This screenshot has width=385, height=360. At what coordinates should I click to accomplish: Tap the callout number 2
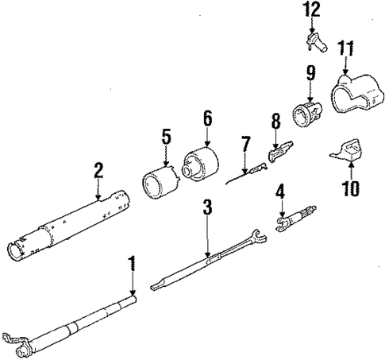(x=98, y=170)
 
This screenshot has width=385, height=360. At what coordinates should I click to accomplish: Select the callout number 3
(x=206, y=209)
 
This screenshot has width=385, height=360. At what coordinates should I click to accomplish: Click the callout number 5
(x=166, y=136)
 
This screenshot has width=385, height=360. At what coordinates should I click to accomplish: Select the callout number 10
(x=350, y=188)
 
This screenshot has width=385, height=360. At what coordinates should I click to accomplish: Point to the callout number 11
(x=345, y=49)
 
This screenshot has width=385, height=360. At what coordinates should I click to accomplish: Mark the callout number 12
(x=312, y=10)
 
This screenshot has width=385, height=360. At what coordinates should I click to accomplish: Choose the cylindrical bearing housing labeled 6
(x=201, y=163)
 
